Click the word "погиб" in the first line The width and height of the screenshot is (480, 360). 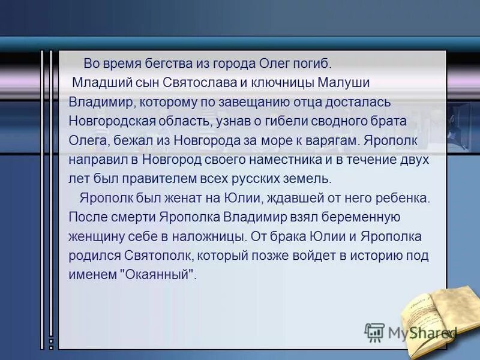pyautogui.click(x=312, y=63)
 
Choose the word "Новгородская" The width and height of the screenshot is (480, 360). pyautogui.click(x=112, y=121)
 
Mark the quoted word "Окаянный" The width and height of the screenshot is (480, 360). pyautogui.click(x=159, y=274)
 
